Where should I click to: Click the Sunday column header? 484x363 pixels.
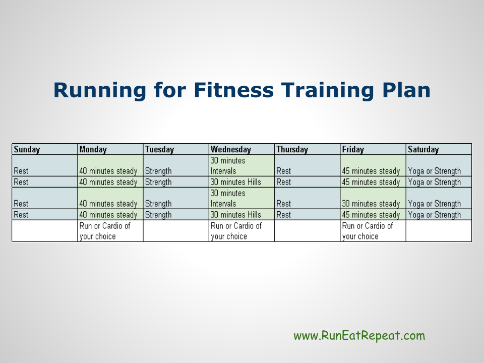[x=27, y=149]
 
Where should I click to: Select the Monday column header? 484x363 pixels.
[x=93, y=149]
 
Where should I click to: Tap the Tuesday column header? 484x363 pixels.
[x=160, y=149]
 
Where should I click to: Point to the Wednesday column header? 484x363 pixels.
[x=231, y=149]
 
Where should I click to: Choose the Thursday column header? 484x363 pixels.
[x=292, y=149]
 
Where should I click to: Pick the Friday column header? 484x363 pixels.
[x=353, y=149]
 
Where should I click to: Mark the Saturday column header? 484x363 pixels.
[x=423, y=149]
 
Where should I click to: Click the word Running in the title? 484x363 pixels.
[x=100, y=90]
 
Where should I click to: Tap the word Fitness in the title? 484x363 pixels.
[x=234, y=90]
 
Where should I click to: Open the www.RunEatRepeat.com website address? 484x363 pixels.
[x=359, y=336]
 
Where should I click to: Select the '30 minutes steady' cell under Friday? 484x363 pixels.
[x=371, y=204]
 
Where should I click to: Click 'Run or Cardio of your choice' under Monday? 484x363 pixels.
[x=105, y=231]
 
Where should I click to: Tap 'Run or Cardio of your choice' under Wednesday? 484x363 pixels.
[x=236, y=231]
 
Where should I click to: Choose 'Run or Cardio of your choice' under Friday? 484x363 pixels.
[x=368, y=231]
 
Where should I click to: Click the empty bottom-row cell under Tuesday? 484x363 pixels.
[x=176, y=230]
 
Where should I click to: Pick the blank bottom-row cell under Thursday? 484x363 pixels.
[x=308, y=230]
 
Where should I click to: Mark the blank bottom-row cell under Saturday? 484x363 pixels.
[x=439, y=230]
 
